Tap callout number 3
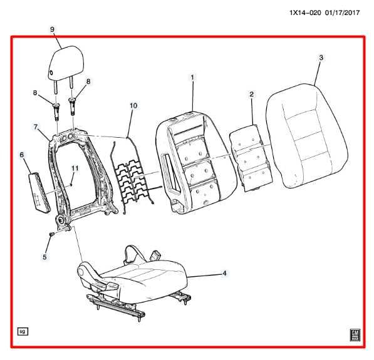[x=321, y=58]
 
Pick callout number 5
[x=44, y=257]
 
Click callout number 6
[x=21, y=154]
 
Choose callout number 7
[x=36, y=127]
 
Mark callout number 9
[x=52, y=29]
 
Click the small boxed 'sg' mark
[x=22, y=331]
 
